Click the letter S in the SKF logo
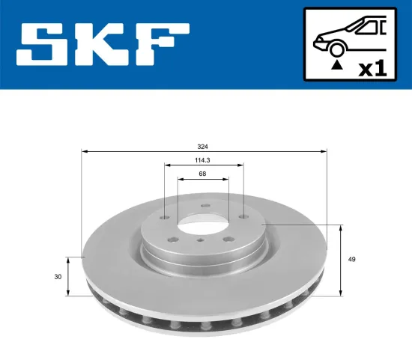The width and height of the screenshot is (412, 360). pyautogui.click(x=43, y=44)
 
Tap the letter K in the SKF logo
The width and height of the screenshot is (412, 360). pyautogui.click(x=105, y=44)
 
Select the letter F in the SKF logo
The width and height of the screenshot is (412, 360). pyautogui.click(x=163, y=44)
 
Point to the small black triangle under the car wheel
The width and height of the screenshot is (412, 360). pyautogui.click(x=337, y=66)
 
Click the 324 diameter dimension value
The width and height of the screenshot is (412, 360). pyautogui.click(x=202, y=147)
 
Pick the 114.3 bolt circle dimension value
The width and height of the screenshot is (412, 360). pyautogui.click(x=203, y=159)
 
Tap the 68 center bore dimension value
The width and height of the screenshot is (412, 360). pyautogui.click(x=202, y=174)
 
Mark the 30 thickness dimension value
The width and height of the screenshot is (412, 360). pyautogui.click(x=58, y=276)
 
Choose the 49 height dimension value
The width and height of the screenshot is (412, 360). pyautogui.click(x=351, y=259)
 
